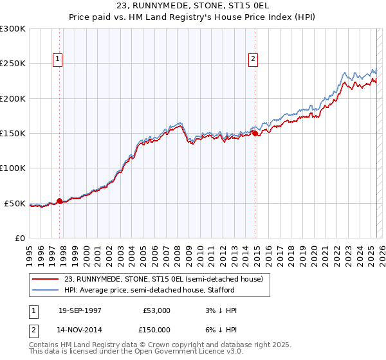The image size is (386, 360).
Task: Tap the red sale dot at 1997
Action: pos(60,201)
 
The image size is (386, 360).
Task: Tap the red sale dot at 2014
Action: pos(255,133)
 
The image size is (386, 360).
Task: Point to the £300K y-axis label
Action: pos(13,29)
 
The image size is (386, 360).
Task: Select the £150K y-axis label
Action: pos(13,134)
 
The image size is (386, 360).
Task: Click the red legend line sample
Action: pos(46,279)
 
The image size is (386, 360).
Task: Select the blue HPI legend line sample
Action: pos(46,291)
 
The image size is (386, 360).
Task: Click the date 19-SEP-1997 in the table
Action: pos(80,310)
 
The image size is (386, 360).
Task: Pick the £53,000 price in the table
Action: pos(156,310)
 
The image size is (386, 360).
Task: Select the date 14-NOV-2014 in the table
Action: pos(80,329)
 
